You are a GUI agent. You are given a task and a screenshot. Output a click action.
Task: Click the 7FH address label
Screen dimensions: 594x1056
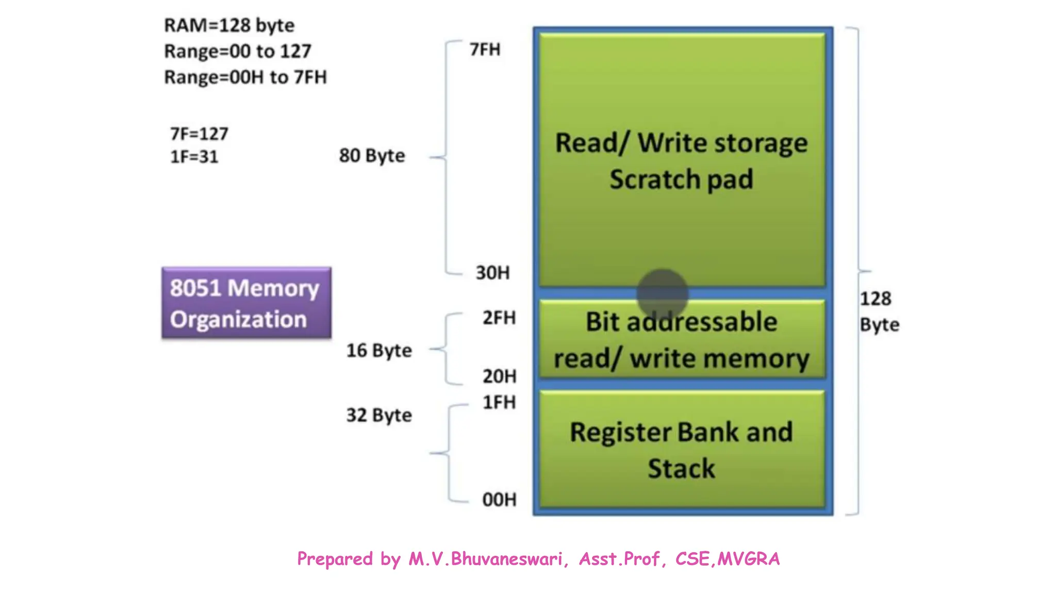(x=485, y=49)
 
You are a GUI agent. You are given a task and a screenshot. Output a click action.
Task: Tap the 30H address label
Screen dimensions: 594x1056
(x=492, y=273)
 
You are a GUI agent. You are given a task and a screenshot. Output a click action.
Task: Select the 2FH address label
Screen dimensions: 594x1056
(x=499, y=318)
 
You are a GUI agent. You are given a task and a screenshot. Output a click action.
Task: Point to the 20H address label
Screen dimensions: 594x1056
(x=499, y=376)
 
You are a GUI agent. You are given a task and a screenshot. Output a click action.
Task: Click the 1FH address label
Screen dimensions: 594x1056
(x=499, y=402)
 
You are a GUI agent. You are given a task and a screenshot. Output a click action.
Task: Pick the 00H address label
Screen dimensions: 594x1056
(x=499, y=500)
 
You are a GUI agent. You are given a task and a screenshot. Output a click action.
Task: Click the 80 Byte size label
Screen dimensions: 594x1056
(x=372, y=156)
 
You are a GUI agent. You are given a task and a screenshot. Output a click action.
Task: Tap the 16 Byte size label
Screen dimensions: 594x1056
(x=379, y=351)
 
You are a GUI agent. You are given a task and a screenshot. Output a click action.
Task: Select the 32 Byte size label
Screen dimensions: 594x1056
(x=379, y=415)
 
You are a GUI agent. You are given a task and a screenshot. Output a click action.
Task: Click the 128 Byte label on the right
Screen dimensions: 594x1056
(x=879, y=311)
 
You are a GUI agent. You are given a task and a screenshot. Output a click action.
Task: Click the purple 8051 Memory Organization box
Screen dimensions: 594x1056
(x=246, y=303)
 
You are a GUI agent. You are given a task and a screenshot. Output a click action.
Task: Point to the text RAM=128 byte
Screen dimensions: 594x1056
(x=229, y=25)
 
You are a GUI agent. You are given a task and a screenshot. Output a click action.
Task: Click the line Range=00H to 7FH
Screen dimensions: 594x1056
(x=245, y=77)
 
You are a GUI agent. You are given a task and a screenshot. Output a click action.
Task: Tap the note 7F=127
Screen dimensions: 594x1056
(x=199, y=134)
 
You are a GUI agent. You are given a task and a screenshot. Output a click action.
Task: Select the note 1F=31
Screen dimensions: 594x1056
(x=194, y=157)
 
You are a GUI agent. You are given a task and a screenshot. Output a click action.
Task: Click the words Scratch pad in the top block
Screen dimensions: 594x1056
(x=681, y=179)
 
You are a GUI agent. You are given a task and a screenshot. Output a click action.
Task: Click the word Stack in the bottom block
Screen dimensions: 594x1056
(x=681, y=469)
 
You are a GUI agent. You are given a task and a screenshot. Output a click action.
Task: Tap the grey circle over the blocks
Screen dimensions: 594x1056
(x=662, y=294)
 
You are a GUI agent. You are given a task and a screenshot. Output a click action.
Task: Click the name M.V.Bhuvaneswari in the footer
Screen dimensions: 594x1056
(x=485, y=559)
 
